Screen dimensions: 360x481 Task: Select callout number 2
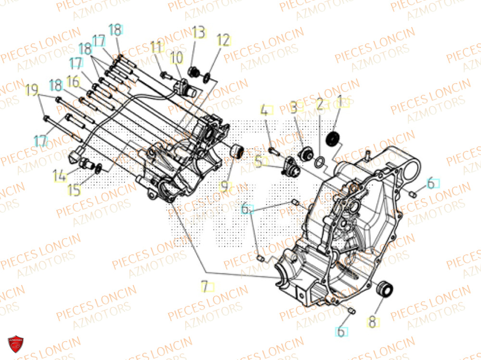point(319,105)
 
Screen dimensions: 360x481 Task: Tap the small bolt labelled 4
point(274,151)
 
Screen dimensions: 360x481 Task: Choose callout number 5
point(259,161)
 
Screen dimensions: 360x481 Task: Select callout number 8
point(372,321)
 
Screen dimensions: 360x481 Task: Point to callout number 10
point(177,58)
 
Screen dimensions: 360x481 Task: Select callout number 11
point(156,48)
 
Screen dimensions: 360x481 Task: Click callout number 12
point(223,40)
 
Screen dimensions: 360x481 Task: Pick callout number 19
point(32,90)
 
